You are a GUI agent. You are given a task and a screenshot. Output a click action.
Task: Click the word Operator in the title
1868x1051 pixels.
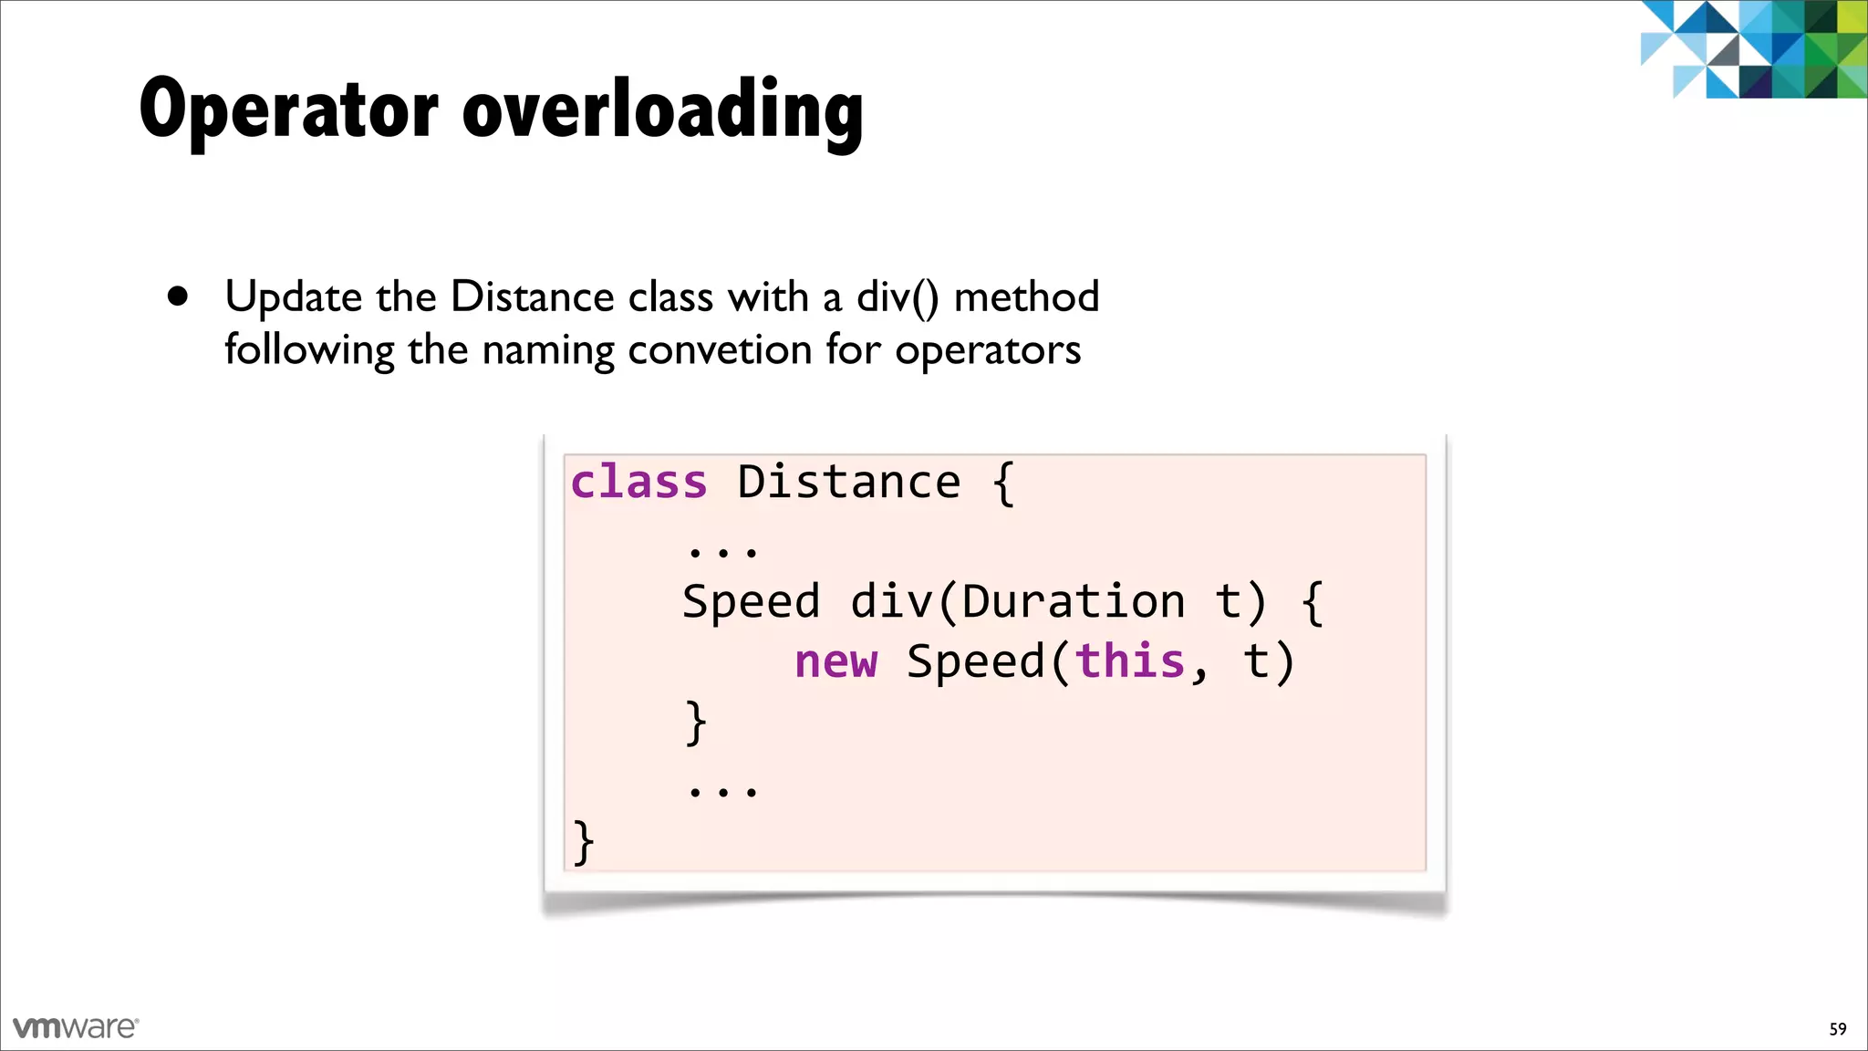[x=288, y=109]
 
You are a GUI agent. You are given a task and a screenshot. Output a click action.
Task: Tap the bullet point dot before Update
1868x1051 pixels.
[x=178, y=297]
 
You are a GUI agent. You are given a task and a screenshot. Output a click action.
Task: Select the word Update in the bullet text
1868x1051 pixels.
[x=293, y=297]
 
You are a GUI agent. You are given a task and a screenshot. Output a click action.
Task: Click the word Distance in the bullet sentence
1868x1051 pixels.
[x=532, y=297]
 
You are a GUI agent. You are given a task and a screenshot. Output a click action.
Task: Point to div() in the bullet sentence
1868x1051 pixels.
[x=897, y=297]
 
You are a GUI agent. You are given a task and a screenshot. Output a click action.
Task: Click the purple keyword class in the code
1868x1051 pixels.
[x=638, y=482]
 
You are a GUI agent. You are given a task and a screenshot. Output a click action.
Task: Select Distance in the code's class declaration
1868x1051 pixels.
[x=848, y=482]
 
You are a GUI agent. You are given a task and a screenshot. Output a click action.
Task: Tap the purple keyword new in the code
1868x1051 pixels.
[x=835, y=661]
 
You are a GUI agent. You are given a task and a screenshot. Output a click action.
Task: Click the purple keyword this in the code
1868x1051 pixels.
[x=1129, y=661]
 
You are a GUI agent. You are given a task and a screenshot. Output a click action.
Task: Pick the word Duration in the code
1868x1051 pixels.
[x=1073, y=602]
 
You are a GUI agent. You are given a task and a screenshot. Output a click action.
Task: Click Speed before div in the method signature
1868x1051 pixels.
[x=751, y=602]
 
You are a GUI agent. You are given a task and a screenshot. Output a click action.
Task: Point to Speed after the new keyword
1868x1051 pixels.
[x=974, y=661]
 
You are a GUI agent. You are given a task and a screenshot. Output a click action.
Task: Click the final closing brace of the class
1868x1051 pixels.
[x=584, y=841]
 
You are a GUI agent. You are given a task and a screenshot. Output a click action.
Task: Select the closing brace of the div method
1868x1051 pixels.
[x=696, y=722]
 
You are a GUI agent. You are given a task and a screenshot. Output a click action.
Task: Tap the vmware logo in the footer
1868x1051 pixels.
[x=76, y=1027]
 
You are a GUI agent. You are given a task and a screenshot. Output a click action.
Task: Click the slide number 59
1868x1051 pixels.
[x=1837, y=1029]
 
